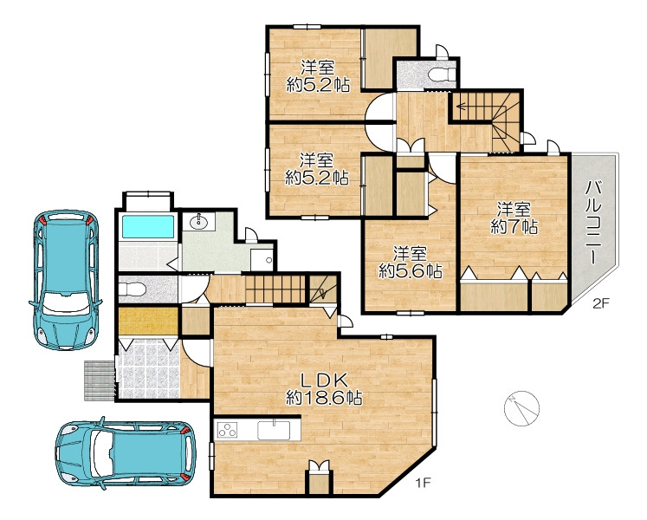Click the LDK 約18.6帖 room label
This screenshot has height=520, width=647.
tap(324, 388)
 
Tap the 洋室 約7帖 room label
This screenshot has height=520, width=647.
tap(514, 218)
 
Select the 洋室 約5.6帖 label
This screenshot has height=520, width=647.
tap(411, 262)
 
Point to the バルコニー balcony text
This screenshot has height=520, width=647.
tap(593, 222)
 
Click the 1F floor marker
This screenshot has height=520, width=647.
tap(423, 482)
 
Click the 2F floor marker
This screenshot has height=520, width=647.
tap(601, 303)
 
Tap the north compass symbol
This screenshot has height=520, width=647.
tap(521, 408)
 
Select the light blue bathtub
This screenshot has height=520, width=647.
tap(148, 226)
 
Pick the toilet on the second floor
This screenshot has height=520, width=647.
tap(441, 75)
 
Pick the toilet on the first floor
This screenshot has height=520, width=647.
tap(132, 288)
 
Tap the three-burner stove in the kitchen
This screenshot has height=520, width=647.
tap(227, 430)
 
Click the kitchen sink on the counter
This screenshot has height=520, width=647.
tap(274, 431)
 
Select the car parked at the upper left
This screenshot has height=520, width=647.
tap(65, 280)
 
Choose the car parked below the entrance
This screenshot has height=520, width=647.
tap(126, 452)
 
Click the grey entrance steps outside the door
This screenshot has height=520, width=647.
tap(100, 380)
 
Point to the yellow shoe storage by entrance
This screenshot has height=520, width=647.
tap(149, 321)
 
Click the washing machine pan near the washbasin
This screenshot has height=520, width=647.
tap(262, 259)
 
